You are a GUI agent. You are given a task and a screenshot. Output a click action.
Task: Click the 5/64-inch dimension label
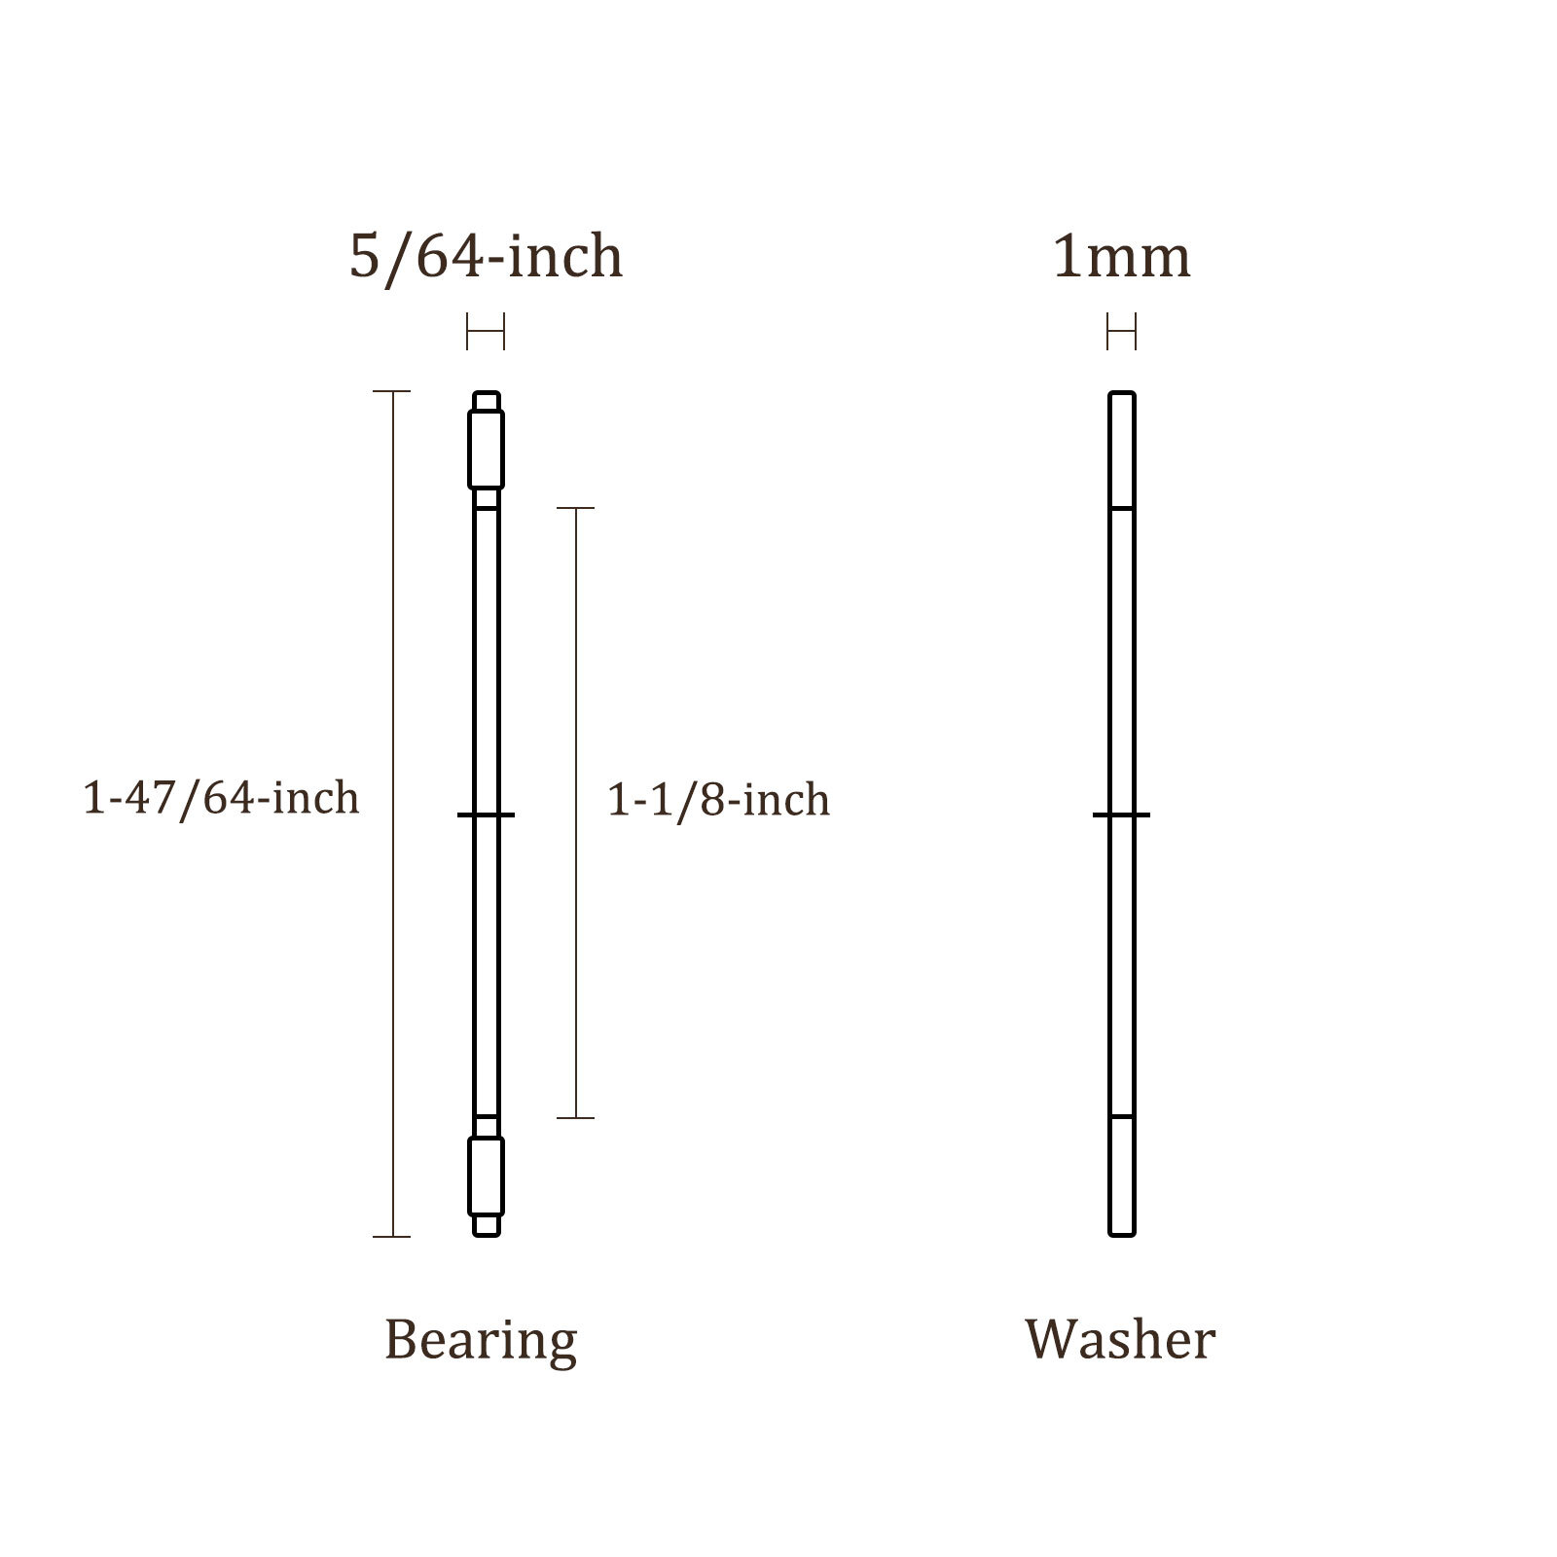[x=486, y=257]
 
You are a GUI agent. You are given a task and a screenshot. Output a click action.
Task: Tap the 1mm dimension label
[x=1121, y=257]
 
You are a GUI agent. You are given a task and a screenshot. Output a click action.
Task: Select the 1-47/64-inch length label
[x=221, y=798]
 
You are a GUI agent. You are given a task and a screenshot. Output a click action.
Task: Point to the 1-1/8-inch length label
[x=718, y=800]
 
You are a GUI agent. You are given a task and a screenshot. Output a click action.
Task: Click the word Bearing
[x=481, y=1341]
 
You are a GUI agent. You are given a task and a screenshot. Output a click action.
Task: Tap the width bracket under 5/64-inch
[x=486, y=332]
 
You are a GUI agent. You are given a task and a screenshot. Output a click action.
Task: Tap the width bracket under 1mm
[x=1121, y=332]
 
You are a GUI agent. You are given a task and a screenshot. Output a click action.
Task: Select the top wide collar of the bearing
[x=486, y=450]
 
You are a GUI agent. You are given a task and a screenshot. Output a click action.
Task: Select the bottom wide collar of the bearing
[x=486, y=1177]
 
